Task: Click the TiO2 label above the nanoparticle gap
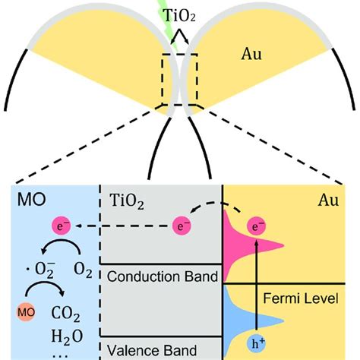click(x=180, y=14)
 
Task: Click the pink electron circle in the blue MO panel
click(x=62, y=226)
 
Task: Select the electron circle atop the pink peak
click(x=258, y=226)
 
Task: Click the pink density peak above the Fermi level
click(x=243, y=247)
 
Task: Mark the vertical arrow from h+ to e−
click(x=258, y=285)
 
